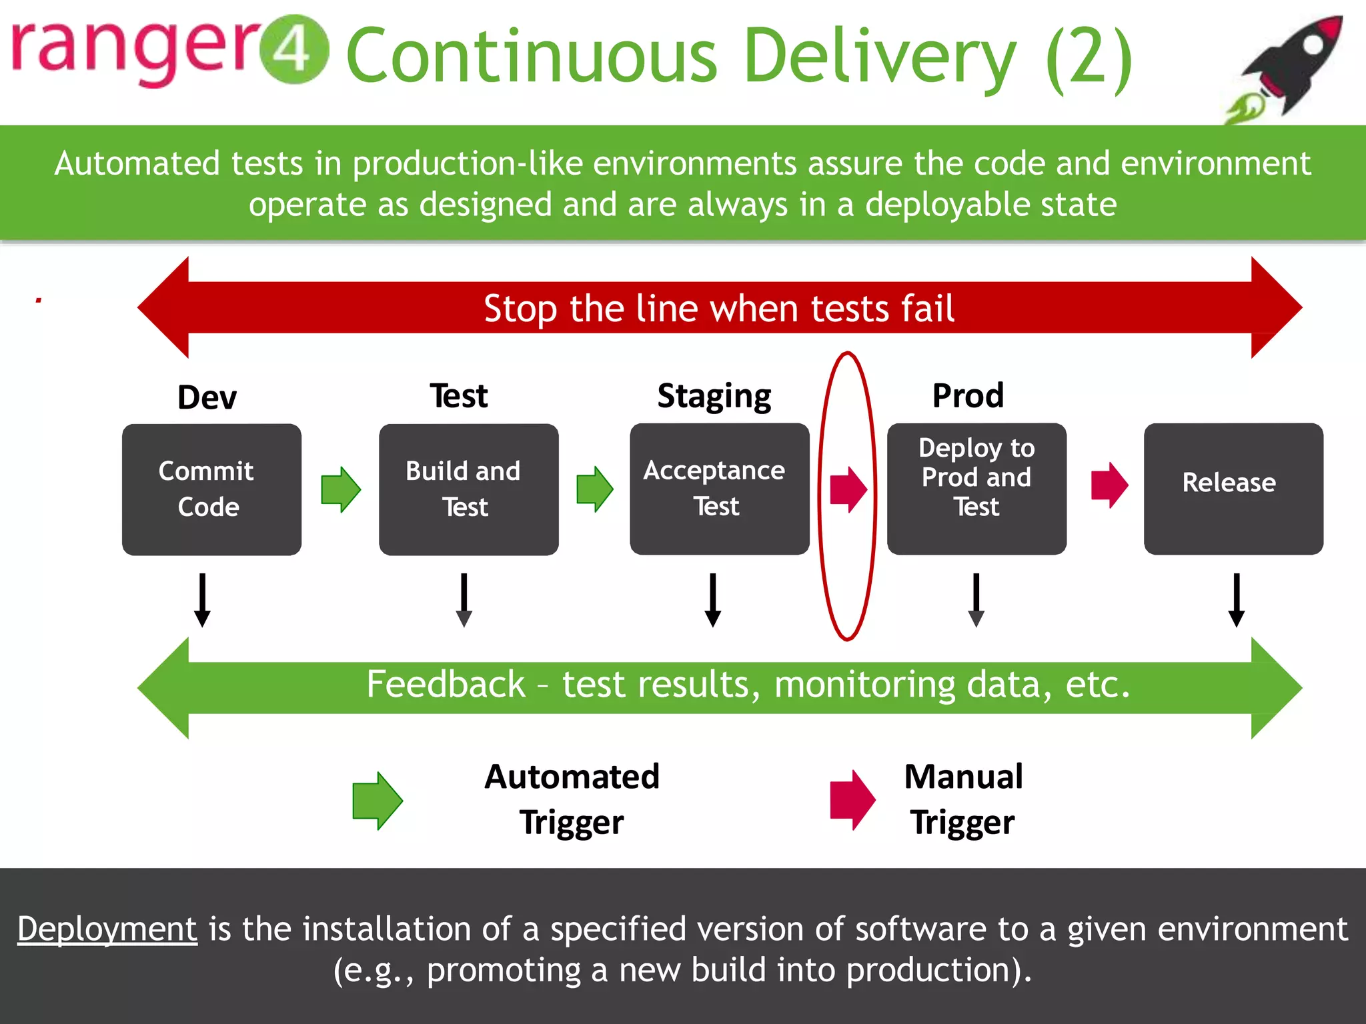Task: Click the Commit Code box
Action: pyautogui.click(x=211, y=489)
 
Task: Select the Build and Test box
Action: pyautogui.click(x=468, y=489)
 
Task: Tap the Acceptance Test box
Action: pyautogui.click(x=719, y=489)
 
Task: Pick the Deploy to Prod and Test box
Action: pyautogui.click(x=976, y=489)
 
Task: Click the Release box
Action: pyautogui.click(x=1233, y=489)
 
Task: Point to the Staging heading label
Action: pyautogui.click(x=714, y=396)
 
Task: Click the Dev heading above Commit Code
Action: pyautogui.click(x=207, y=397)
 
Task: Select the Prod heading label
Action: pyautogui.click(x=968, y=395)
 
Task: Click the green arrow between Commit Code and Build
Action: pyautogui.click(x=341, y=489)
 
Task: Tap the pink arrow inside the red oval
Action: pyautogui.click(x=848, y=489)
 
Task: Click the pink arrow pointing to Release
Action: pyautogui.click(x=1109, y=485)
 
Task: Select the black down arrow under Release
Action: pyautogui.click(x=1236, y=600)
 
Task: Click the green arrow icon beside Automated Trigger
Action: pyautogui.click(x=377, y=800)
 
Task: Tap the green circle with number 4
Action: pyautogui.click(x=293, y=49)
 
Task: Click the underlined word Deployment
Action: pyautogui.click(x=107, y=929)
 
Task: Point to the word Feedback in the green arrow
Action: pyautogui.click(x=446, y=684)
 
